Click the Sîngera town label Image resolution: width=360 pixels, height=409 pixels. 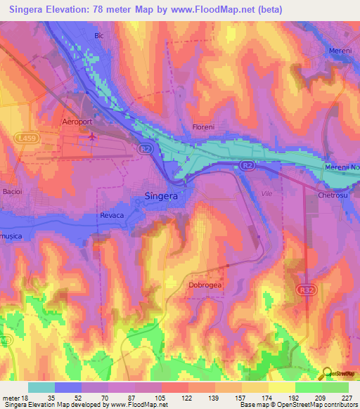pyautogui.click(x=160, y=196)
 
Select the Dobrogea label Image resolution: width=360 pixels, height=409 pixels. pyautogui.click(x=205, y=285)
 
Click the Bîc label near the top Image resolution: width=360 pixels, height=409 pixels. pyautogui.click(x=99, y=35)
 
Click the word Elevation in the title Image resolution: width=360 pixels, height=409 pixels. pyautogui.click(x=78, y=9)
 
